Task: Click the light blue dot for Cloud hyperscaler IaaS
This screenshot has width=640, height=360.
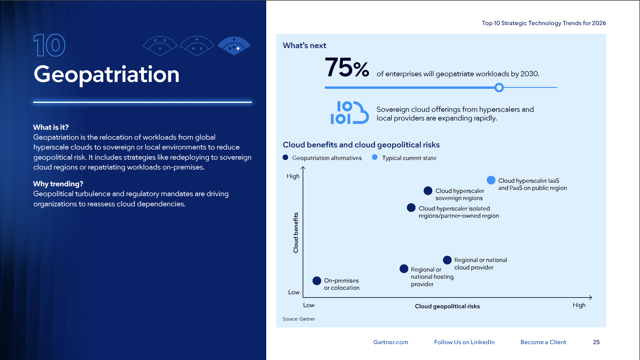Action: pos(491,180)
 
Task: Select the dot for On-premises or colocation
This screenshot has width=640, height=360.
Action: pos(317,281)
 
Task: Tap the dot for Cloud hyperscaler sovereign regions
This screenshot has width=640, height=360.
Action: pos(428,190)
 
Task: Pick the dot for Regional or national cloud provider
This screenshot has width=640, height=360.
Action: pos(447,260)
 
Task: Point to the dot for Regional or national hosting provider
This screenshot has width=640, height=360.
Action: pos(404,269)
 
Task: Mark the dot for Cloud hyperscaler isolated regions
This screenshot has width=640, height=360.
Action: pos(411,208)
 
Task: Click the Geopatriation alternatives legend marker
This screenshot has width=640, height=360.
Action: pos(285,157)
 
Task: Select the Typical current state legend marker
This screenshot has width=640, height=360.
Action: pos(375,157)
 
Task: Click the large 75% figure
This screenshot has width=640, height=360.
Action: pos(347,68)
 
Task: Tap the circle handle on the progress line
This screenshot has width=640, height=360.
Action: pos(499,88)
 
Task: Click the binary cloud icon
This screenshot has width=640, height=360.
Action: pos(349,113)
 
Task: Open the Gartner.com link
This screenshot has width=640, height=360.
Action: pos(391,342)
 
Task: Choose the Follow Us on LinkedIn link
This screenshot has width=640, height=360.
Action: pos(464,342)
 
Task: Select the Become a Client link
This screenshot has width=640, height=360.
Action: pos(543,342)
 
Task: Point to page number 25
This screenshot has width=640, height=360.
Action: pos(596,342)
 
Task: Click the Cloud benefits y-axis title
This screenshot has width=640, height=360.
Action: pos(296,233)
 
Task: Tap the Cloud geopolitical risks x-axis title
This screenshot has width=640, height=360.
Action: pos(447,306)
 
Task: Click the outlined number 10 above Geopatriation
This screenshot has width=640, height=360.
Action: pos(49,45)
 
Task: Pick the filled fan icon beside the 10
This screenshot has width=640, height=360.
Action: pos(234,46)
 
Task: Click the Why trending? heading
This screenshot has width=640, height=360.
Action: pos(58,184)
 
